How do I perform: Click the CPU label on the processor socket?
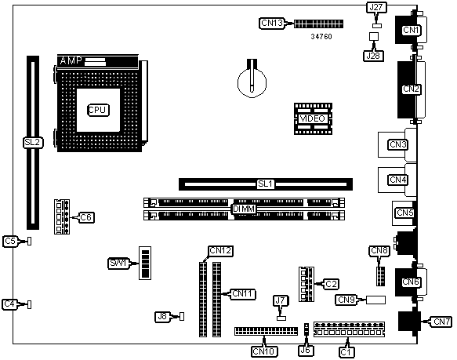[x=98, y=110]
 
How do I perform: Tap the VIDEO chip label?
[x=313, y=118]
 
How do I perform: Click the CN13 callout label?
[x=272, y=23]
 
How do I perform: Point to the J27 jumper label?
[x=376, y=7]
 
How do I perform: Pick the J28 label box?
[x=373, y=56]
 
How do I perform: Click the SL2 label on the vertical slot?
[x=33, y=143]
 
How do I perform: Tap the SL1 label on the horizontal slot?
[x=266, y=184]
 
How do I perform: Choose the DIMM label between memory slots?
[x=244, y=209]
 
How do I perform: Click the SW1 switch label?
[x=118, y=264]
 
